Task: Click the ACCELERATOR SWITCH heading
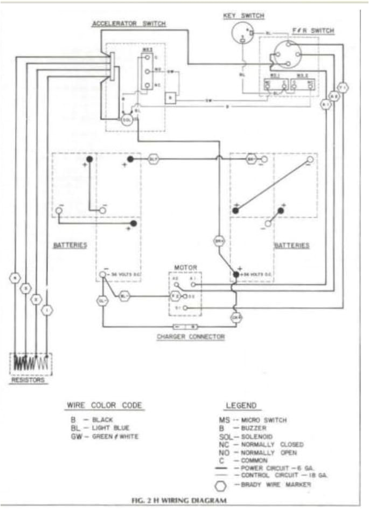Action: [x=128, y=24]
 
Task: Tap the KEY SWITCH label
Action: [x=243, y=16]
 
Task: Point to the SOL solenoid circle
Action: [x=127, y=119]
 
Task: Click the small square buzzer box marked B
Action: [x=170, y=98]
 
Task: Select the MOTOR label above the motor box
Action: [x=185, y=267]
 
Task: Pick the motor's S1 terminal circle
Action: [x=186, y=307]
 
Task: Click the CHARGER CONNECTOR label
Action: [x=190, y=337]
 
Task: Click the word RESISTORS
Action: [x=28, y=380]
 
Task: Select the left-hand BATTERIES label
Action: [x=70, y=245]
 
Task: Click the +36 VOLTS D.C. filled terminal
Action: [x=235, y=275]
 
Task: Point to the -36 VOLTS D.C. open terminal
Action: [x=102, y=275]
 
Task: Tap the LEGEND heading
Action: [x=241, y=405]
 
